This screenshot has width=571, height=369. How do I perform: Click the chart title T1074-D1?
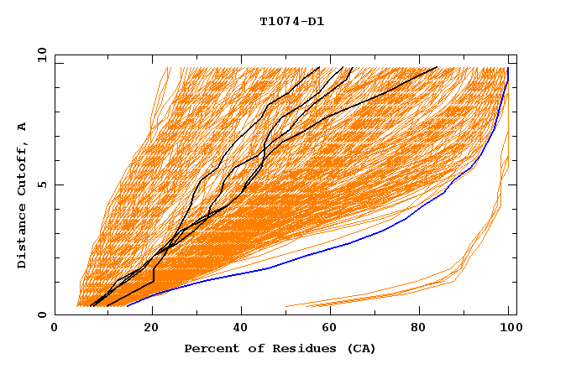291,22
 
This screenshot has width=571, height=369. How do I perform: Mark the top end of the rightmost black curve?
437,67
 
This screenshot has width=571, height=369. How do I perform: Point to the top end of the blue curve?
508,68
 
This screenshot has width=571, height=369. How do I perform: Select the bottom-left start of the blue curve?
127,306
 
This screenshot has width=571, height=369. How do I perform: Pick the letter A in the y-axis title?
23,126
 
